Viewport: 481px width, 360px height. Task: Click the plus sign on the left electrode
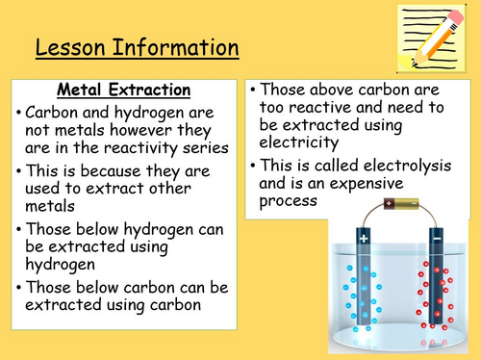point(365,235)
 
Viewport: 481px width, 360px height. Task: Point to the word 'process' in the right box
point(290,200)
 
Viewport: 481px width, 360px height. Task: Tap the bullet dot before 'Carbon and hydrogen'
point(21,112)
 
